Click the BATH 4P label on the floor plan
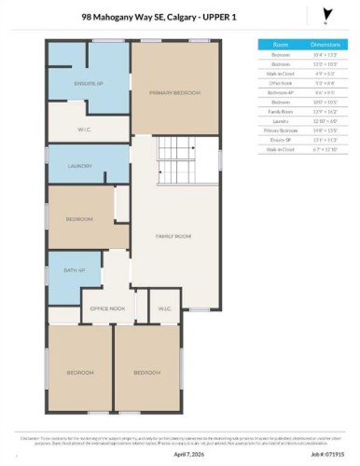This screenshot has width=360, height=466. pyautogui.click(x=74, y=270)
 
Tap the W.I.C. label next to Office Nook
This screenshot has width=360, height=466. pyautogui.click(x=164, y=307)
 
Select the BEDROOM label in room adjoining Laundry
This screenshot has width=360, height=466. pyautogui.click(x=79, y=219)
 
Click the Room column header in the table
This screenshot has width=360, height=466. pyautogui.click(x=280, y=44)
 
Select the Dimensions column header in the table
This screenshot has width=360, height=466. pyautogui.click(x=325, y=44)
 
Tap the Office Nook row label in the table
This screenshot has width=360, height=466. pyautogui.click(x=280, y=81)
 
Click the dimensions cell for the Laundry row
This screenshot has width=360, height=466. pyautogui.click(x=325, y=118)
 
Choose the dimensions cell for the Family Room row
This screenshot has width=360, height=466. pyautogui.click(x=325, y=109)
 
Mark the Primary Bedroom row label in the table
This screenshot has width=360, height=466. pyautogui.click(x=280, y=128)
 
